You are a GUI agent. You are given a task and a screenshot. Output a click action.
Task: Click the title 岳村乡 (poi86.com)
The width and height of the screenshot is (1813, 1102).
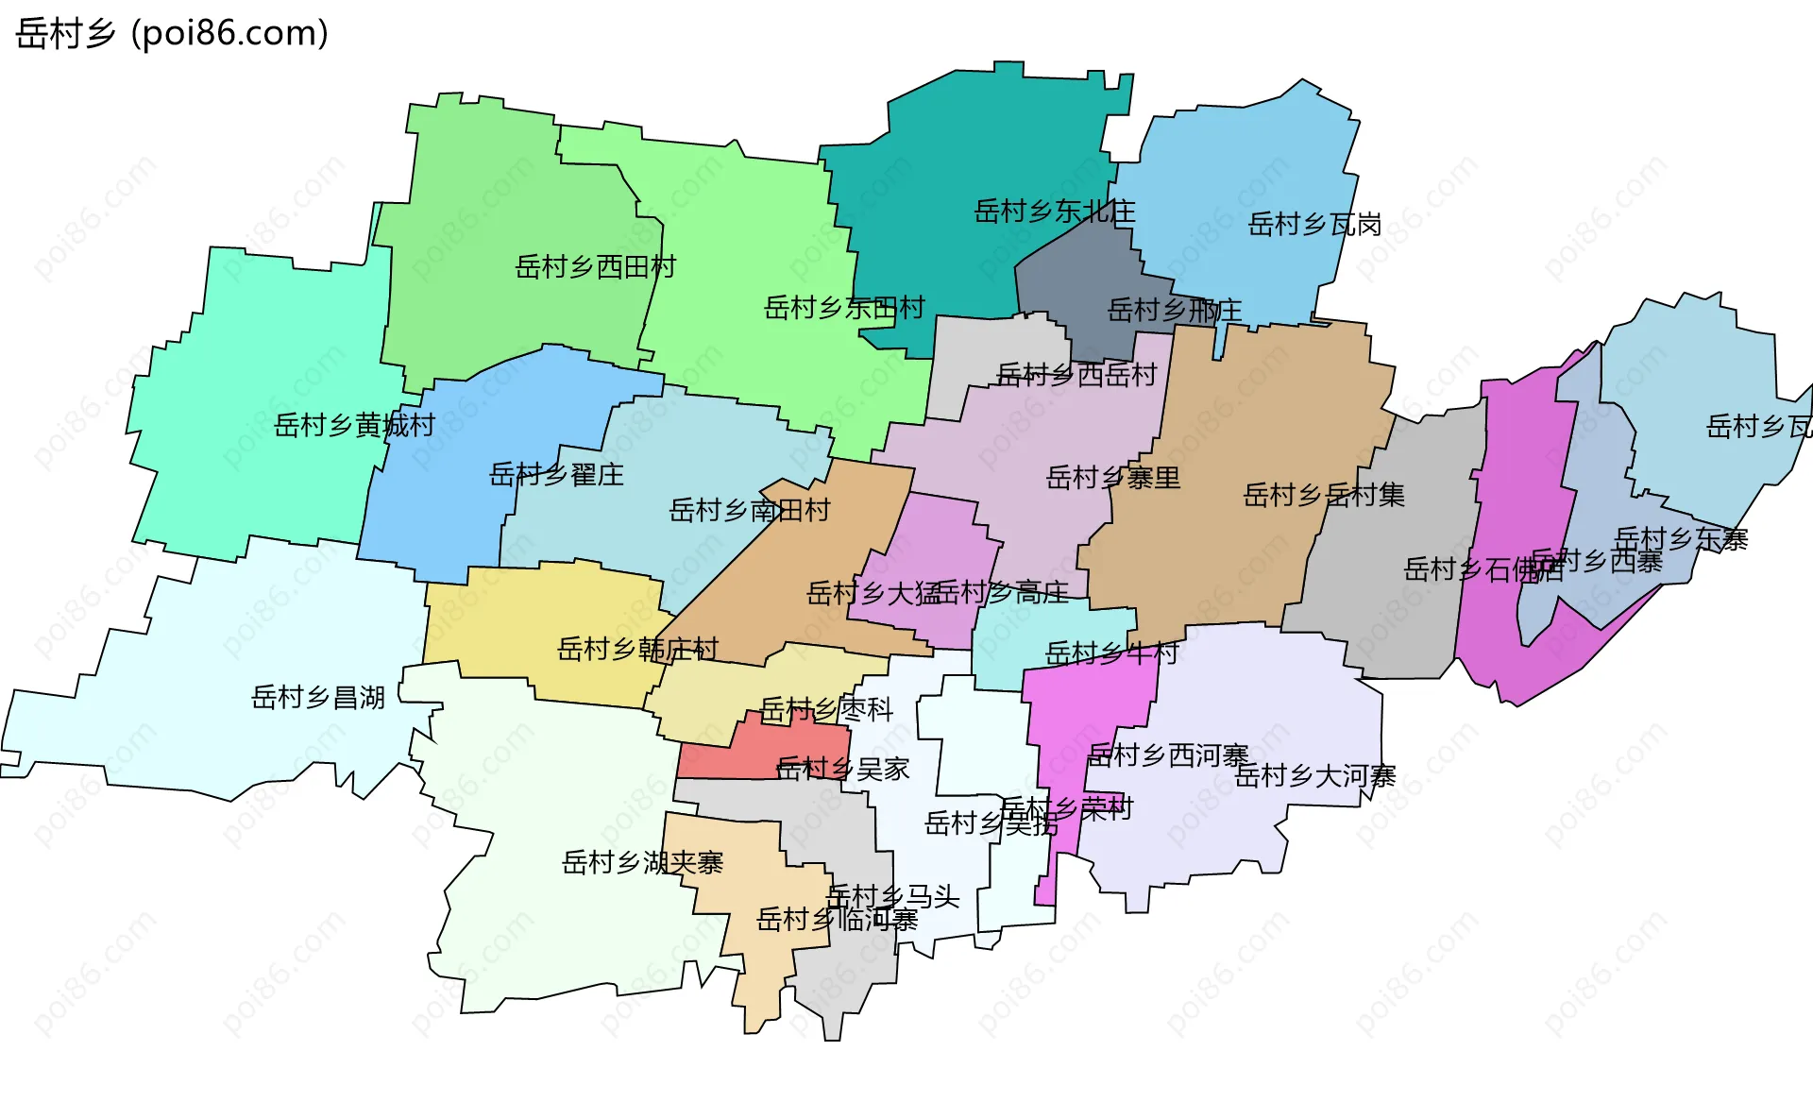tap(172, 33)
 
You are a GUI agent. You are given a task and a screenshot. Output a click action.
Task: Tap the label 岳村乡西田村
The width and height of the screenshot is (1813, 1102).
tap(595, 267)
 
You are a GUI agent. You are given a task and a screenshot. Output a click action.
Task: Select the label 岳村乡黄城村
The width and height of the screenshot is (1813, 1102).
tap(354, 426)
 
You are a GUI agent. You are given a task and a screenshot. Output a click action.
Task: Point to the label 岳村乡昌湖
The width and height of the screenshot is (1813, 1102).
tap(317, 698)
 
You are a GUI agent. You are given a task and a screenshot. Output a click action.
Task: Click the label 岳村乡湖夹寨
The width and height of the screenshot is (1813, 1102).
tap(642, 862)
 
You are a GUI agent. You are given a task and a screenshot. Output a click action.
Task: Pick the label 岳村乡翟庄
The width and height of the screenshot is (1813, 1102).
tap(556, 474)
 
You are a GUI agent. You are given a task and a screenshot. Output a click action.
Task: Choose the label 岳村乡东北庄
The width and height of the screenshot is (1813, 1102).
tap(1054, 212)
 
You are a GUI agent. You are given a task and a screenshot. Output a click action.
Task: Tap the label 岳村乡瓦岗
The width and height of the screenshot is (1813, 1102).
tap(1314, 225)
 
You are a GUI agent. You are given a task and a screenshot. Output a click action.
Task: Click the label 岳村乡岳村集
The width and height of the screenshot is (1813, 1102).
tap(1324, 495)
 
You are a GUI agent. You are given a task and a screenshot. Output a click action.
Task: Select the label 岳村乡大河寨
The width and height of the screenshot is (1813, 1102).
tap(1314, 776)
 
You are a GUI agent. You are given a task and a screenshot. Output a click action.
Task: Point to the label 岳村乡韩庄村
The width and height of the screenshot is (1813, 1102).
tap(637, 649)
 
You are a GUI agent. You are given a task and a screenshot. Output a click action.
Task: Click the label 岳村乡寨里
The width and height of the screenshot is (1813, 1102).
tap(1113, 478)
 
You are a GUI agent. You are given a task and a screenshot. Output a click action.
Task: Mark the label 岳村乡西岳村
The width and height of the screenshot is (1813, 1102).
tap(1076, 376)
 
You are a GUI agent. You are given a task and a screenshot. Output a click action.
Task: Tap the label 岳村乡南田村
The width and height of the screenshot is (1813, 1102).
tap(749, 511)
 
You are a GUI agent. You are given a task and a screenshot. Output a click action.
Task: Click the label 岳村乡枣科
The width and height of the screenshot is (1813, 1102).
tap(826, 709)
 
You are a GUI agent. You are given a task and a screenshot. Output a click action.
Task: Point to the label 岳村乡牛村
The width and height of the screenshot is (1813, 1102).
tap(1111, 653)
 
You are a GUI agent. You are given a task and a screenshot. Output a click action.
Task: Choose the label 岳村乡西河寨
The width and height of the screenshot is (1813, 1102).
tap(1168, 755)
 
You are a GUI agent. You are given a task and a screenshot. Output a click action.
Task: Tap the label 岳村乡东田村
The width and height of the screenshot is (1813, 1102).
tap(843, 308)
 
